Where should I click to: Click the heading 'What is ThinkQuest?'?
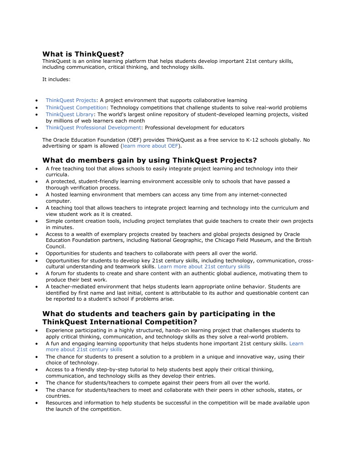(83, 54)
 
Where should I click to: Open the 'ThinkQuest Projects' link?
(71, 100)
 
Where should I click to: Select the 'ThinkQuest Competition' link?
(76, 108)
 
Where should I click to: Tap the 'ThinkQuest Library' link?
(70, 114)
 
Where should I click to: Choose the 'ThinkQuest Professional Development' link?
(93, 128)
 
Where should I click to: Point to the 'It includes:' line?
(56, 79)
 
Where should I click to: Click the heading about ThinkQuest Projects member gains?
(149, 160)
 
